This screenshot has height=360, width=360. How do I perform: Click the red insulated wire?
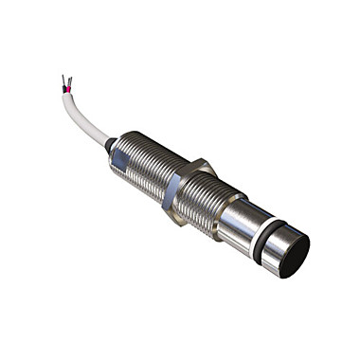(x=70, y=89)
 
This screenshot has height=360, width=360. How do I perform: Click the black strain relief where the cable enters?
(x=111, y=144)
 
